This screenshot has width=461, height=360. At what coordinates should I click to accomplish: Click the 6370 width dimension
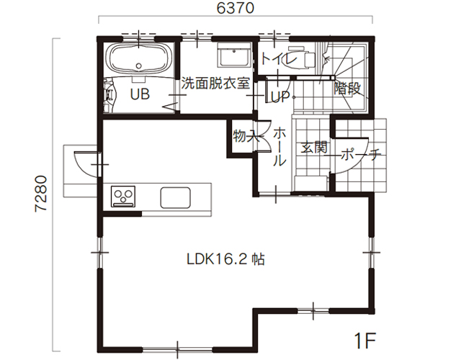236,8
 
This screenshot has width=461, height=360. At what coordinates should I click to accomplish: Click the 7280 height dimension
40,194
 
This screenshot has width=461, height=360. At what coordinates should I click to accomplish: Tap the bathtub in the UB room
139,58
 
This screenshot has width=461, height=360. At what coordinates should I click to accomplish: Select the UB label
140,94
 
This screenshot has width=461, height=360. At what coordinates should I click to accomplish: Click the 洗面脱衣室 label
215,84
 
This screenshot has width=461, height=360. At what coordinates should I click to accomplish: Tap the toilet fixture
301,58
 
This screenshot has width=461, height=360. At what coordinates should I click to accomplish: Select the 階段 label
347,88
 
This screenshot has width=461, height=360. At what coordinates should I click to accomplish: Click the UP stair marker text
279,96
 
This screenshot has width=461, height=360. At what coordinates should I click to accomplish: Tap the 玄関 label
314,147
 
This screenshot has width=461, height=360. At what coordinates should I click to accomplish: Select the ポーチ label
361,154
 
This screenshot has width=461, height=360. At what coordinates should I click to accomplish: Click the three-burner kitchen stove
123,197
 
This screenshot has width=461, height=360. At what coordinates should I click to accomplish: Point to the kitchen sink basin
175,197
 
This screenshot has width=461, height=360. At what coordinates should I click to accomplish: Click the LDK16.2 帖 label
225,259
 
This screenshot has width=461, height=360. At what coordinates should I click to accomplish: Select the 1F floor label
365,341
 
